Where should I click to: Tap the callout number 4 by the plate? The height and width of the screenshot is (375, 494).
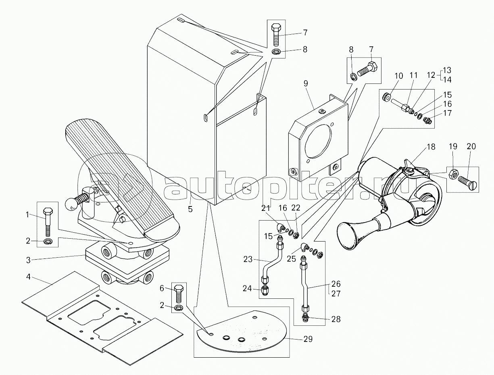coord(28,277)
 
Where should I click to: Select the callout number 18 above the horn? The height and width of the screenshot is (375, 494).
coord(431,147)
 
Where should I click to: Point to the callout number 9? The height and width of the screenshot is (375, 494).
coord(305,83)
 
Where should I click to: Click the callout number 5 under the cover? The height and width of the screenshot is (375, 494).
coord(190,209)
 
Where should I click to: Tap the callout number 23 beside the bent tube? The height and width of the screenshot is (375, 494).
coord(248,259)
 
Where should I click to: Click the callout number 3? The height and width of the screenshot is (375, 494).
coord(28,260)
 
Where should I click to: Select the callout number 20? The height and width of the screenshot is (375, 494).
coord(471,146)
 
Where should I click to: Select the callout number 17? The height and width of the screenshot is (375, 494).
coord(447,113)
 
